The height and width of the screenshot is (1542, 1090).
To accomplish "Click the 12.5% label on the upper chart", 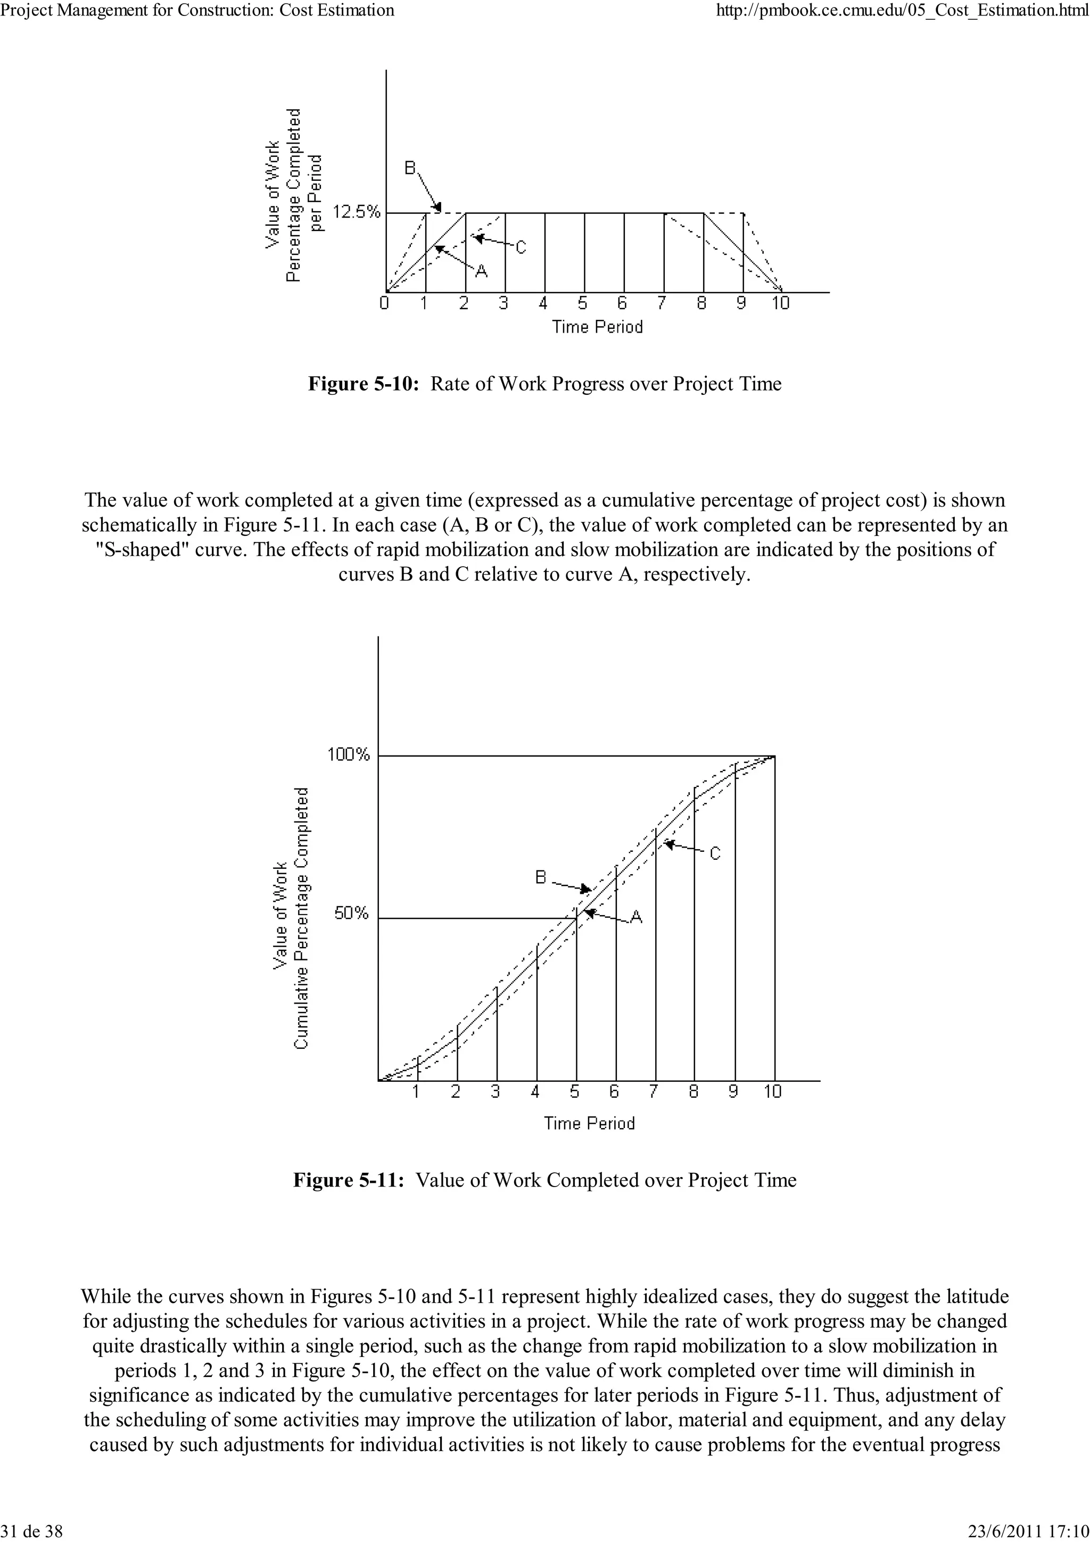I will [x=357, y=212].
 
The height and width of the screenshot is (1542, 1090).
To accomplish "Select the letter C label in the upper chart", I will [x=521, y=248].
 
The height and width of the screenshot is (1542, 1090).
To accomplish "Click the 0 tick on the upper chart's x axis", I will [x=384, y=304].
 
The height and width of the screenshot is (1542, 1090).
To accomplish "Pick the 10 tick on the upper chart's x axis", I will [x=780, y=304].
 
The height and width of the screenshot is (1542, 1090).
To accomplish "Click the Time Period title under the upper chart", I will [x=597, y=327].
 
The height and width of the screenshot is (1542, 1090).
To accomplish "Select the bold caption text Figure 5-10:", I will [x=364, y=384].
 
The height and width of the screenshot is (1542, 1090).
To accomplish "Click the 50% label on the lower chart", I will [x=352, y=914].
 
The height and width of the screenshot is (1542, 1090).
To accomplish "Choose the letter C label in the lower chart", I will [x=715, y=853].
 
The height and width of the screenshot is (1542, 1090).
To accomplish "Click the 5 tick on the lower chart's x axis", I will [x=575, y=1092].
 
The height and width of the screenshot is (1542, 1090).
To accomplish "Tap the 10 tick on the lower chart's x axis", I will [x=772, y=1092].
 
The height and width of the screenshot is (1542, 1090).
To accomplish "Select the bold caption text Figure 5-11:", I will [x=349, y=1181].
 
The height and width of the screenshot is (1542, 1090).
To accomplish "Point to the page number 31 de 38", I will [x=33, y=1531].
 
